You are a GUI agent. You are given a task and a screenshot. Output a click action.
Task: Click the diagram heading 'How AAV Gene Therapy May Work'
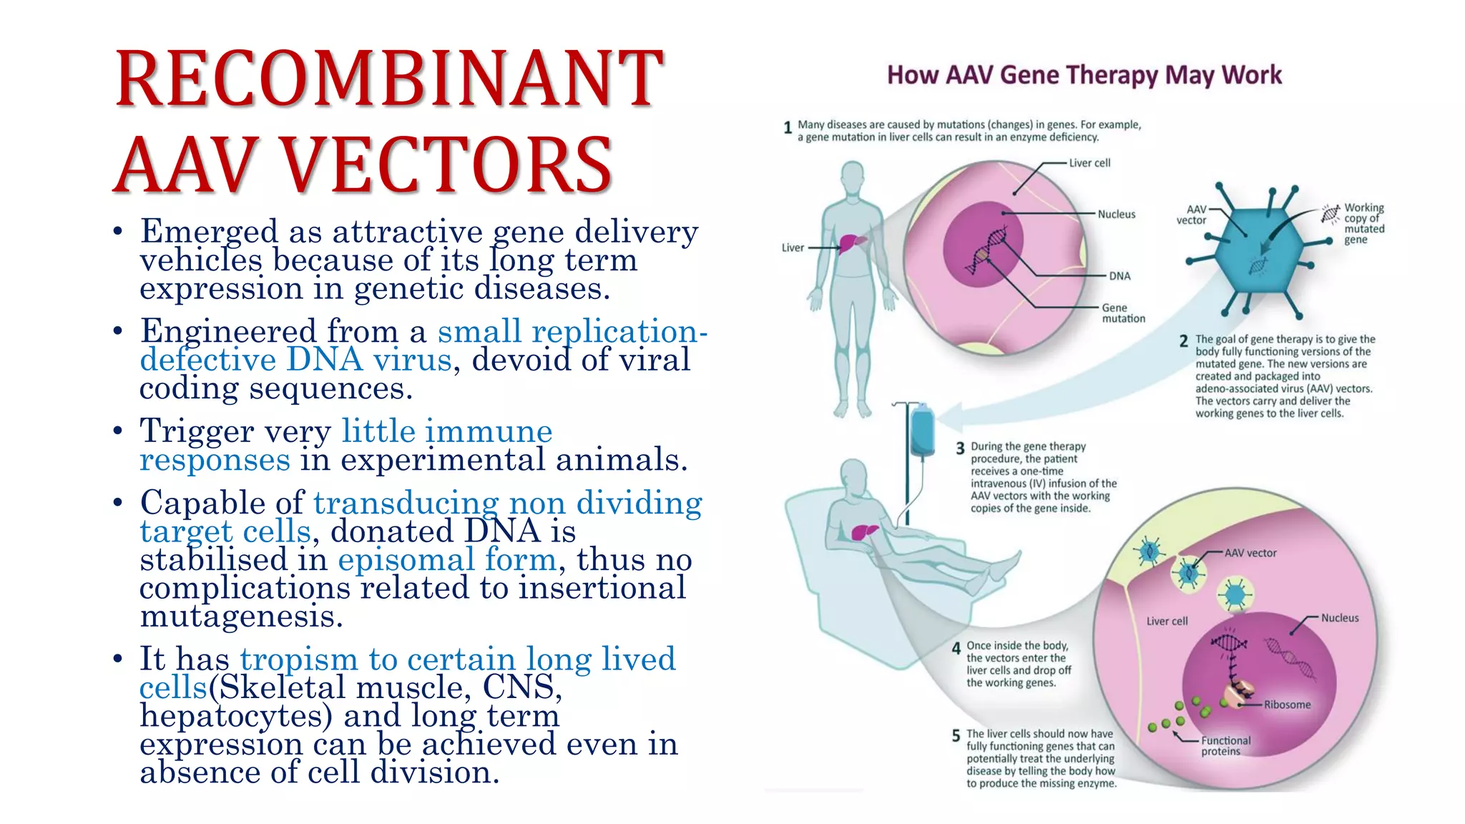tap(1084, 75)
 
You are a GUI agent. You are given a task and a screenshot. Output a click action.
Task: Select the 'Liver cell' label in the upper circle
tap(1089, 163)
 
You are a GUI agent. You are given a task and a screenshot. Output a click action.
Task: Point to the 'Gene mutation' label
tap(1122, 313)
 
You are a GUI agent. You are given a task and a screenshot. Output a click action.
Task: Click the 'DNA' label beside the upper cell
tap(1119, 276)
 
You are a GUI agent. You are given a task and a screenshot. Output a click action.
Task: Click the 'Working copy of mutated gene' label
tap(1363, 223)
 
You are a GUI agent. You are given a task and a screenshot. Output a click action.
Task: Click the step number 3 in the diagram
tap(960, 448)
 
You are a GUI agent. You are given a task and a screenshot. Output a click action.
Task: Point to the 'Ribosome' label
tap(1287, 705)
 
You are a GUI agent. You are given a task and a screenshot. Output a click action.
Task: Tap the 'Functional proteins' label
tap(1225, 746)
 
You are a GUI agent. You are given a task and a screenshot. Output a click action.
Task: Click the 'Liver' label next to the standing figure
tap(793, 247)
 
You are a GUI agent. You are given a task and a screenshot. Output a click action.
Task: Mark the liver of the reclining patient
tap(864, 531)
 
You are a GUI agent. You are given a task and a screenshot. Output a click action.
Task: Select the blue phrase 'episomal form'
tap(447, 559)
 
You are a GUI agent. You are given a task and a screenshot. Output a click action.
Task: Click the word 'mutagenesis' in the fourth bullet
tap(241, 616)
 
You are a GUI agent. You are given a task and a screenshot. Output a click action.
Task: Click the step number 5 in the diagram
tap(956, 736)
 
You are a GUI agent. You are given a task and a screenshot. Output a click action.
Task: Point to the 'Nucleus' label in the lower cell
tap(1339, 618)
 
